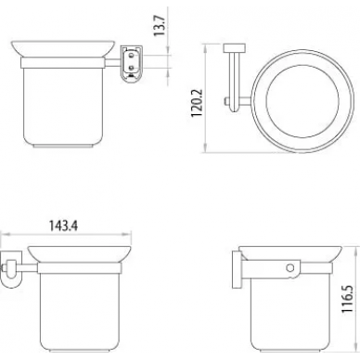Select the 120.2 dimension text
pos(197,103)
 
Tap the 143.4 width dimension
pos(64,226)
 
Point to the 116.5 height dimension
pos(347,300)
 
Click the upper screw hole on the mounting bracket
pos(132,56)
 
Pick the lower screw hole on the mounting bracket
pos(132,67)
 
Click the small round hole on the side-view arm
pos(289,268)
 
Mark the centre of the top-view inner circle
pos(302,101)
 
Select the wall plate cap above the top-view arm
pos(235,48)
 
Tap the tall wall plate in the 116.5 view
pos(237,270)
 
